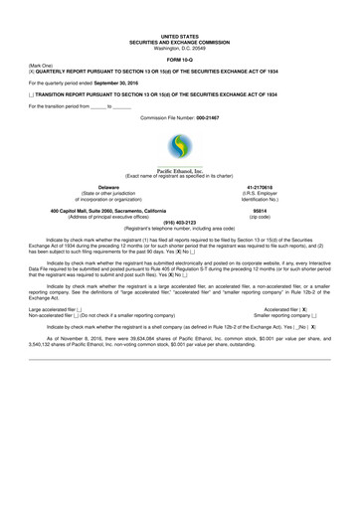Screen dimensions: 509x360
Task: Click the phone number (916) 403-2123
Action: coord(180,223)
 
